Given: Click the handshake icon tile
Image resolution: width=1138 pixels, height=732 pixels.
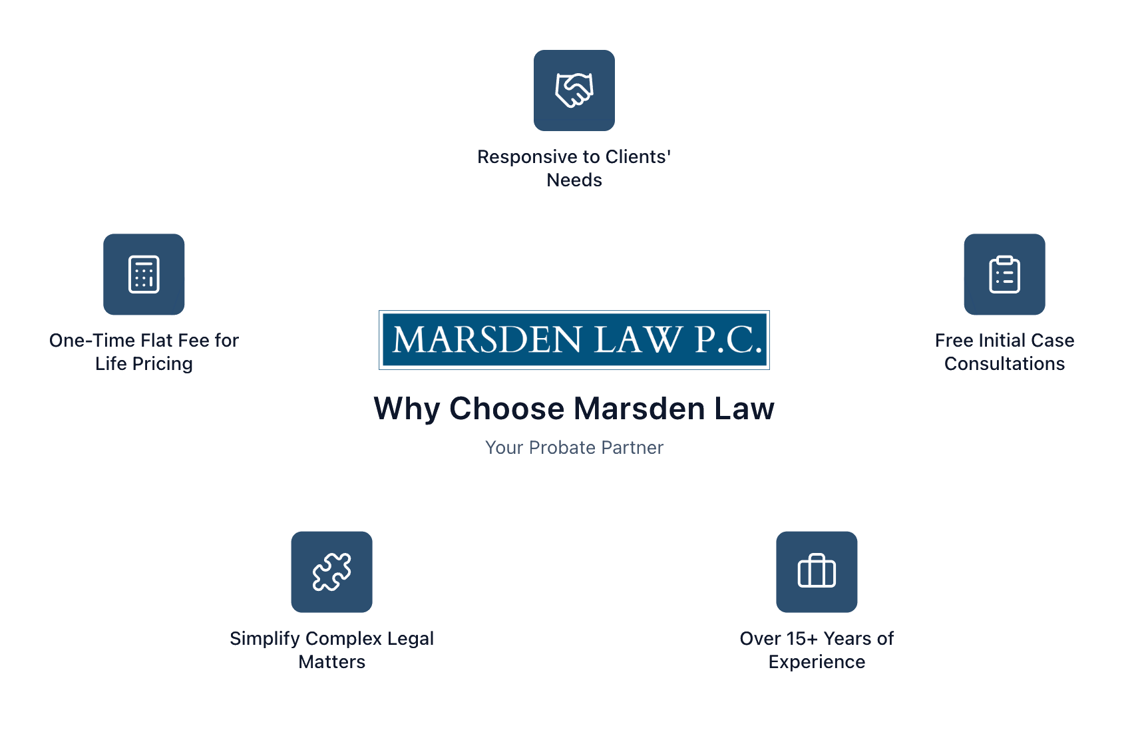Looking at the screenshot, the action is click(x=574, y=91).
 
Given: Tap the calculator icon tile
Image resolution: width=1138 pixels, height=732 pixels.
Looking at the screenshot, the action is click(x=144, y=274).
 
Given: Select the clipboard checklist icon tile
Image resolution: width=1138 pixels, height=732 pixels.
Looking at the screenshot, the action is click(x=1004, y=274).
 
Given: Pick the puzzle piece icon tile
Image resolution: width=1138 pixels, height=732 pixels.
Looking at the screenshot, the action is click(x=331, y=572).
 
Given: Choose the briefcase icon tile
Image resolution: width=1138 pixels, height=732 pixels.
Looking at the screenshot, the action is click(x=817, y=572).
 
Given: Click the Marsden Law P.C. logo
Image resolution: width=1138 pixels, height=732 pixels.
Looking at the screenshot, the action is click(x=574, y=339).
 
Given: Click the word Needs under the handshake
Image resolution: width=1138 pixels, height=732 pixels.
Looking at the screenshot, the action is click(x=574, y=180).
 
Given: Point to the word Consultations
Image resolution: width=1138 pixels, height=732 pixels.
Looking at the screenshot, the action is click(x=1004, y=364).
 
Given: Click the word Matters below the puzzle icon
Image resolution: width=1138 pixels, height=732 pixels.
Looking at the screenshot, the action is click(x=331, y=662).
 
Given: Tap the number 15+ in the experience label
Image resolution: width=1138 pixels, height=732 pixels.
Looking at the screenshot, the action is click(x=802, y=639).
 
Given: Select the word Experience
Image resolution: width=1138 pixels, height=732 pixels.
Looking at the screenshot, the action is click(x=817, y=662).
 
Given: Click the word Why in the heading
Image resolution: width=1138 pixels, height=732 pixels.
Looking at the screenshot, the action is click(x=406, y=409).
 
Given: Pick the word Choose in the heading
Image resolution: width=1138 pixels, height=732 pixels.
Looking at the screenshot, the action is click(x=506, y=409).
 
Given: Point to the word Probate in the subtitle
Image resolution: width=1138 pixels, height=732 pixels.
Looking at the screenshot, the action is click(x=562, y=448).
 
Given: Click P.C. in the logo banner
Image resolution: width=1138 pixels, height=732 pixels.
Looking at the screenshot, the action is click(x=728, y=339).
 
